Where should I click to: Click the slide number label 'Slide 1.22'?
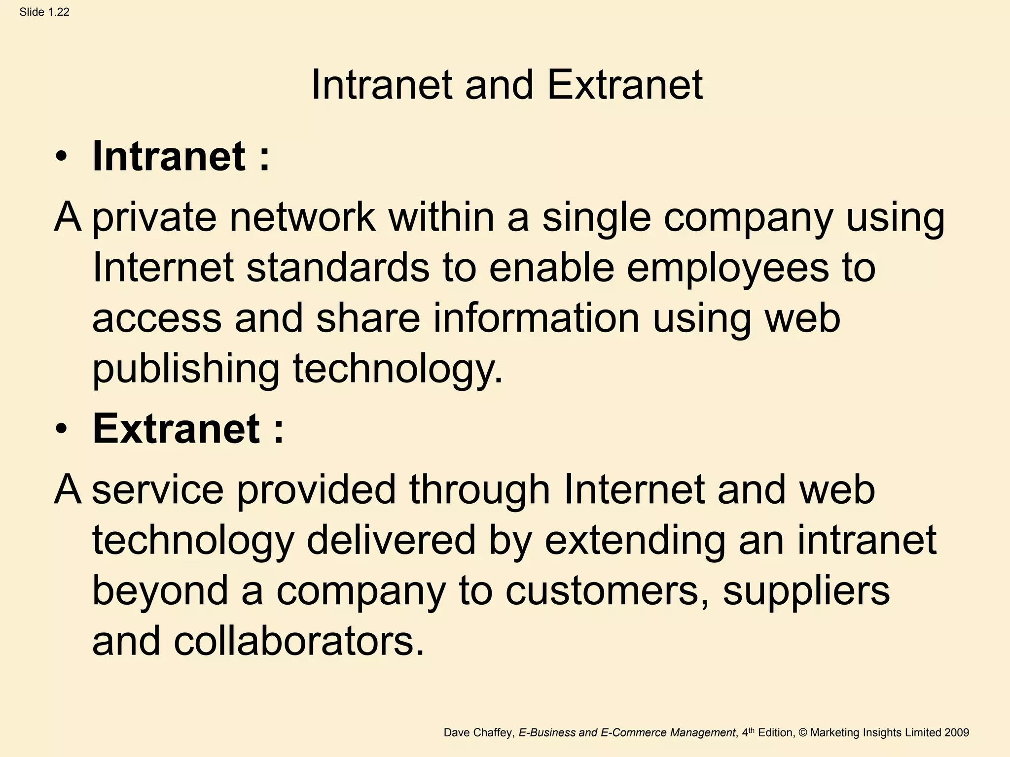click(44, 12)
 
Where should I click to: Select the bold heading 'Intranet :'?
click(181, 156)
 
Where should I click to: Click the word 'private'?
click(154, 218)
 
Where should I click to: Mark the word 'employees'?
click(728, 269)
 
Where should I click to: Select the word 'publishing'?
click(186, 370)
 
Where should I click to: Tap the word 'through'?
click(479, 490)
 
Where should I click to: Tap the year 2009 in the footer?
click(957, 733)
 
